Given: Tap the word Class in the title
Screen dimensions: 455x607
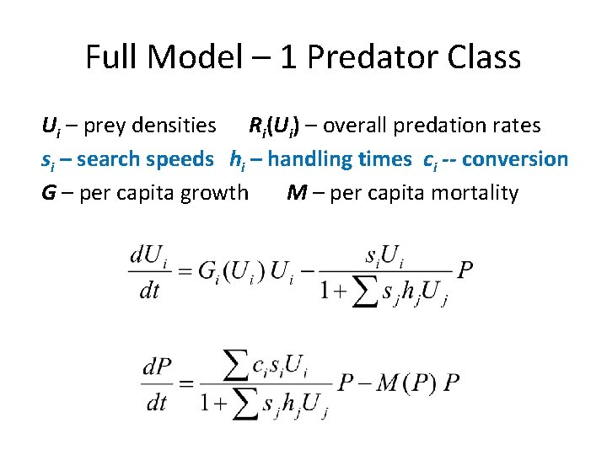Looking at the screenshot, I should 482,57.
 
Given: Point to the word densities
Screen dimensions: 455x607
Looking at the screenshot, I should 175,126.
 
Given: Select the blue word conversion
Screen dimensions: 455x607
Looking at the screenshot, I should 515,158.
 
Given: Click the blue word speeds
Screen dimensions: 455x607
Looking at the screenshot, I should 180,158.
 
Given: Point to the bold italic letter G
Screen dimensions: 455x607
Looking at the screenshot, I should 49,193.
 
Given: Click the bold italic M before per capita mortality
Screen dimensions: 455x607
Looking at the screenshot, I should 296,193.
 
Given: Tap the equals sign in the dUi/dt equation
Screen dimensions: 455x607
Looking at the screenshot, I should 183,270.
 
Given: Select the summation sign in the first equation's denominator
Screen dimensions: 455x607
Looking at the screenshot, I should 363,292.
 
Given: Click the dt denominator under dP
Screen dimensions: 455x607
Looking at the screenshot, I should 156,402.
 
